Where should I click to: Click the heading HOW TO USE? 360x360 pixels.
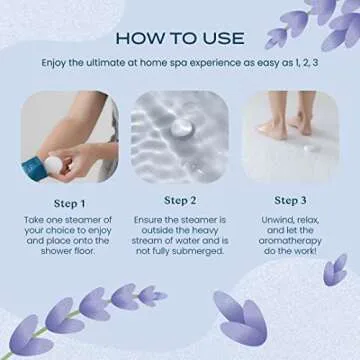click(x=180, y=38)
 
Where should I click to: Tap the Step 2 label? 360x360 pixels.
click(x=180, y=200)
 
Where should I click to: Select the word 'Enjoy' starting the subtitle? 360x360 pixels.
click(x=58, y=62)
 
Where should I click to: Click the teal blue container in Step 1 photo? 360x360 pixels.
click(x=30, y=164)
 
